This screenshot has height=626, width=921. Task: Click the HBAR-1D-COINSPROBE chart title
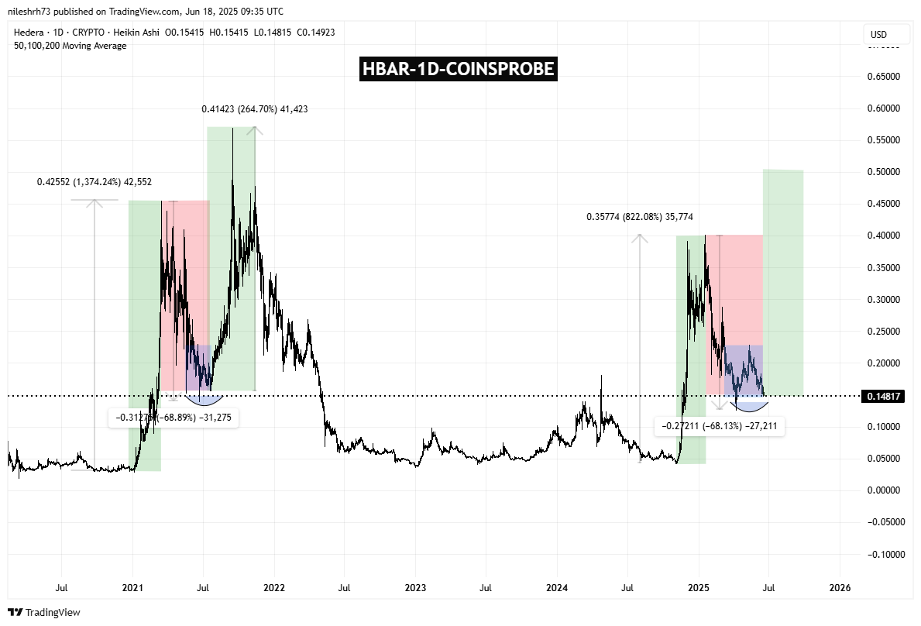[459, 69]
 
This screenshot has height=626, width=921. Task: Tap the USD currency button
[878, 35]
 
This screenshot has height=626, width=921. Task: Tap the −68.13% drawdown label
[720, 426]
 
